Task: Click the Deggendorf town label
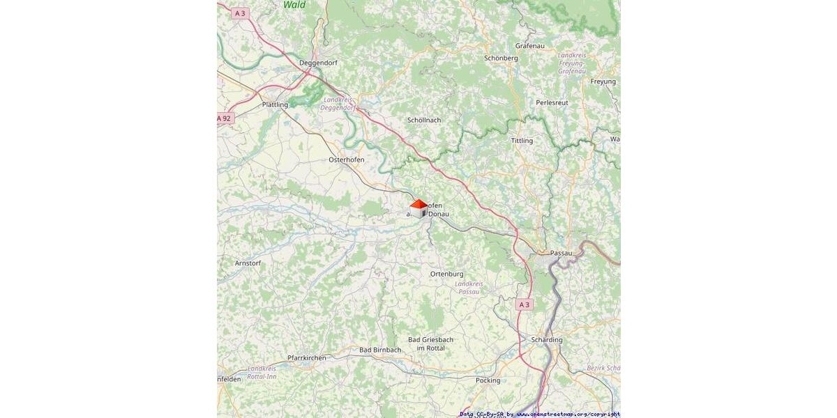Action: (x=318, y=63)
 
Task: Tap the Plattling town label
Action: (x=275, y=104)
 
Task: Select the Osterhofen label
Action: (x=346, y=160)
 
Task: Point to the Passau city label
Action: (x=561, y=252)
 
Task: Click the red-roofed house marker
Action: (x=418, y=208)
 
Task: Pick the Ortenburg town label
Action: (x=446, y=274)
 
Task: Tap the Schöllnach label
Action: (x=424, y=120)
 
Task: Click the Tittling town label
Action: (x=522, y=141)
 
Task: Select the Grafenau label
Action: (x=529, y=45)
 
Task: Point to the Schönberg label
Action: (x=501, y=59)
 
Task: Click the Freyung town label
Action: (x=603, y=82)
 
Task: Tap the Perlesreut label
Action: (x=552, y=102)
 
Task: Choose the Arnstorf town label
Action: (x=248, y=263)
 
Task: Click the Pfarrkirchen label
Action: (x=306, y=357)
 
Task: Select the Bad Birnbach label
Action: (x=380, y=350)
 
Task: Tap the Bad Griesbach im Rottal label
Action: (x=430, y=343)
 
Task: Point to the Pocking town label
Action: (x=488, y=380)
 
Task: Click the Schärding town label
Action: (x=547, y=340)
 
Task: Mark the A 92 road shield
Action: (x=225, y=118)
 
